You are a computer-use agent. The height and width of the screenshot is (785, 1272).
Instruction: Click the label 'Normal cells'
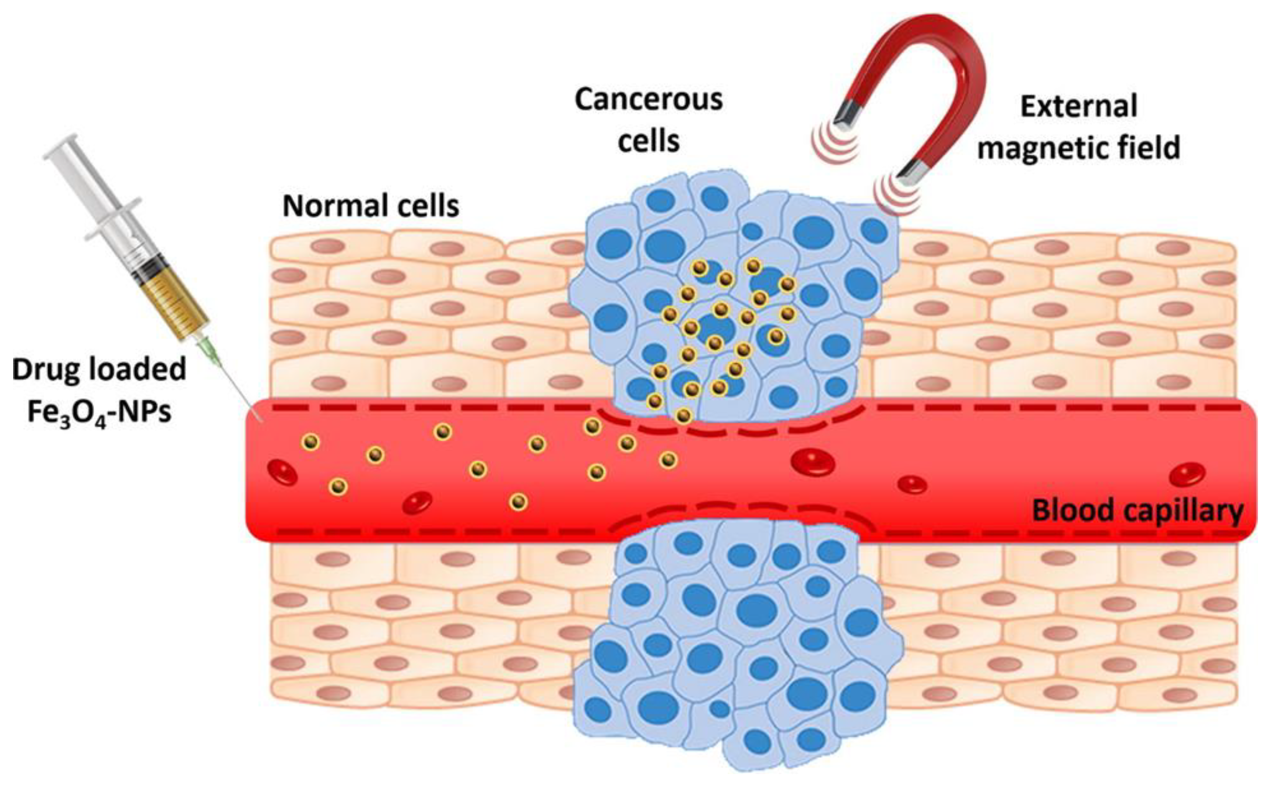tap(371, 206)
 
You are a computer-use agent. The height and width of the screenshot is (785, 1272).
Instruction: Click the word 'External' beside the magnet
tap(1079, 106)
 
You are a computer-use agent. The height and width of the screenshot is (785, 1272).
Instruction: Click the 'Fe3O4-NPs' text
tap(98, 414)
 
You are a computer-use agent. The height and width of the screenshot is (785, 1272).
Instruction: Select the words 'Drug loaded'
tap(98, 370)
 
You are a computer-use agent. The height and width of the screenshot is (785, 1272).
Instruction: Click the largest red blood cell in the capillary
tap(813, 461)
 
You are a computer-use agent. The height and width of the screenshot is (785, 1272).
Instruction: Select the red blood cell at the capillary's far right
tap(1188, 475)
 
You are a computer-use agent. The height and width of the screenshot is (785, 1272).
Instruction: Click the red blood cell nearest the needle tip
tap(282, 472)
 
